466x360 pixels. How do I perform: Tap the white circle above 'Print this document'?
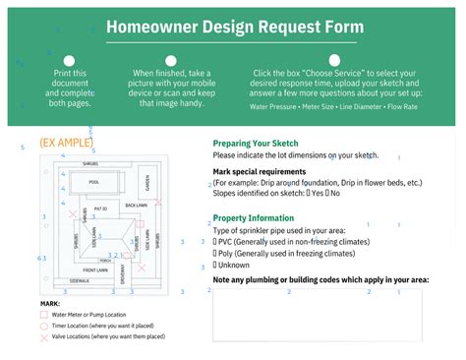coord(69,60)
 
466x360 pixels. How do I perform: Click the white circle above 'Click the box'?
coord(333,60)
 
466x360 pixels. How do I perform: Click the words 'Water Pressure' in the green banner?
coord(274,106)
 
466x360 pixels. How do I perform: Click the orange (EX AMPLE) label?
coord(66,143)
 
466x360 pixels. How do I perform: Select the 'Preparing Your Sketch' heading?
coord(258,144)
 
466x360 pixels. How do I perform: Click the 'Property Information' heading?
coord(254,217)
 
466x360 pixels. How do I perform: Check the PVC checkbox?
coord(215,240)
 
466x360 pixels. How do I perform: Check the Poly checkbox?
coord(215,253)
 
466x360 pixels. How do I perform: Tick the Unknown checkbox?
coord(215,265)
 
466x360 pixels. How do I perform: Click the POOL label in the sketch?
coord(94,182)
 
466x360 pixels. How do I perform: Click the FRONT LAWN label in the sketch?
coord(95,269)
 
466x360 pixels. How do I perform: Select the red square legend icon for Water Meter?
coord(44,315)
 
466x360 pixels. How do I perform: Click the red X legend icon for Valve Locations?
coord(44,336)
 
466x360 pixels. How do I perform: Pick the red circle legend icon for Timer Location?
coord(44,326)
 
